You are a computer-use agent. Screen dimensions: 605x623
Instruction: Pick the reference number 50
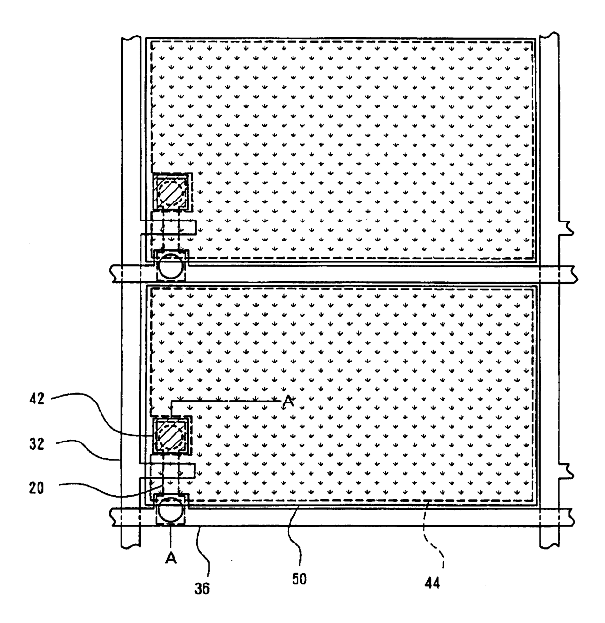[299, 582]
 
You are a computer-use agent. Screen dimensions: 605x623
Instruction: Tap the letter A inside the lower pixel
[288, 401]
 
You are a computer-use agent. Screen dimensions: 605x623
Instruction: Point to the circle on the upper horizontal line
[171, 266]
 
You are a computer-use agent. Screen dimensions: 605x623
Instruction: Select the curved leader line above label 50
[295, 537]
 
